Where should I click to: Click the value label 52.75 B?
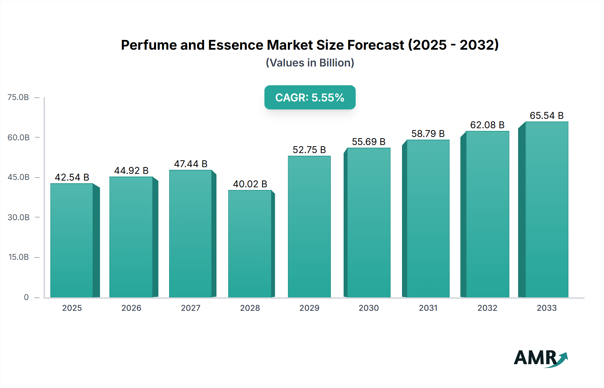pyautogui.click(x=309, y=150)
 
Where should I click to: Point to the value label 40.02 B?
pyautogui.click(x=250, y=184)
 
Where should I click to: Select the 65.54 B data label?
pyautogui.click(x=546, y=115)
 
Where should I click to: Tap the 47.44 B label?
pyautogui.click(x=191, y=164)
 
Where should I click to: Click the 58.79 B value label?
pyautogui.click(x=428, y=134)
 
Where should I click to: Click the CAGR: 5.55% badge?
pyautogui.click(x=310, y=97)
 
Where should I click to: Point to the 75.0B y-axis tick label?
pyautogui.click(x=18, y=97)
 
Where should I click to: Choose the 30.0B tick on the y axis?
pyautogui.click(x=18, y=217)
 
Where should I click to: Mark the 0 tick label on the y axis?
pyautogui.click(x=26, y=297)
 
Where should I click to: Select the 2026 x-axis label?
pyautogui.click(x=131, y=308)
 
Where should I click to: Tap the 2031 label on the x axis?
pyautogui.click(x=428, y=308)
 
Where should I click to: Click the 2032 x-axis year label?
pyautogui.click(x=487, y=308)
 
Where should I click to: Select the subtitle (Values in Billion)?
pyautogui.click(x=310, y=63)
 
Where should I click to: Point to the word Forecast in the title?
pyautogui.click(x=375, y=45)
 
